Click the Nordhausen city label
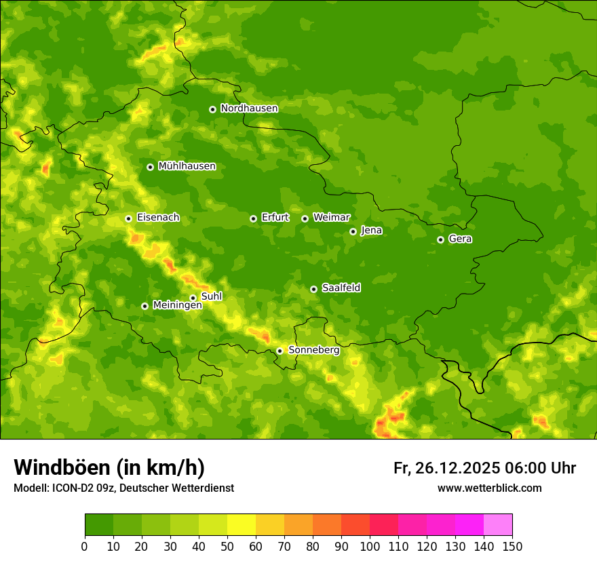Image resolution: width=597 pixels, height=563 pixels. coord(249,109)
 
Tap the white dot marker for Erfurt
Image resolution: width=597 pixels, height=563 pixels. coord(253,218)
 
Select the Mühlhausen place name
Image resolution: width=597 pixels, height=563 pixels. coord(187,166)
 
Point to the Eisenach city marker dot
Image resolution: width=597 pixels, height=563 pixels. coord(128,218)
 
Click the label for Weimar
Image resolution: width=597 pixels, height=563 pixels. coord(331,218)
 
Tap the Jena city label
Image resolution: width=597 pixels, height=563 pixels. coord(371,231)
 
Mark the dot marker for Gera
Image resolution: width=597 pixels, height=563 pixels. coord(440,239)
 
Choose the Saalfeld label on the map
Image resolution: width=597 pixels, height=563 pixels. coord(341,288)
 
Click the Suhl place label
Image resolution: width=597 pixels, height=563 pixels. coord(211,297)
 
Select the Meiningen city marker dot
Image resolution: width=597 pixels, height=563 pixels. coord(145,306)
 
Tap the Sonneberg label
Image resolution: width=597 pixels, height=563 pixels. coord(313,350)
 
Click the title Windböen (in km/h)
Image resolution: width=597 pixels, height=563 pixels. coord(109,467)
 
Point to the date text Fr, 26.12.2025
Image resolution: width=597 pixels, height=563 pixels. coord(446,468)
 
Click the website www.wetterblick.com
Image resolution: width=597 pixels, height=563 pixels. coord(489,488)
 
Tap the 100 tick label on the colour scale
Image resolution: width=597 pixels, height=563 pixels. coord(370,546)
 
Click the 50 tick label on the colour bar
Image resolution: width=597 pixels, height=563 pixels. coord(227,546)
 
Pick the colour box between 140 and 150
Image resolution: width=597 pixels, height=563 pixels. coord(498,525)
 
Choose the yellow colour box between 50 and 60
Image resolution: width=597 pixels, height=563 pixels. coord(242,525)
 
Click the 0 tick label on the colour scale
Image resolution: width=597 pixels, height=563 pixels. coord(85,546)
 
